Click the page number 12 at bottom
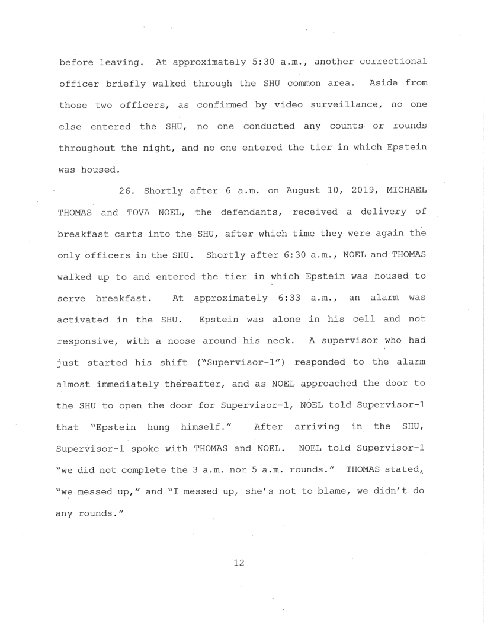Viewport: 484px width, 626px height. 239,563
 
